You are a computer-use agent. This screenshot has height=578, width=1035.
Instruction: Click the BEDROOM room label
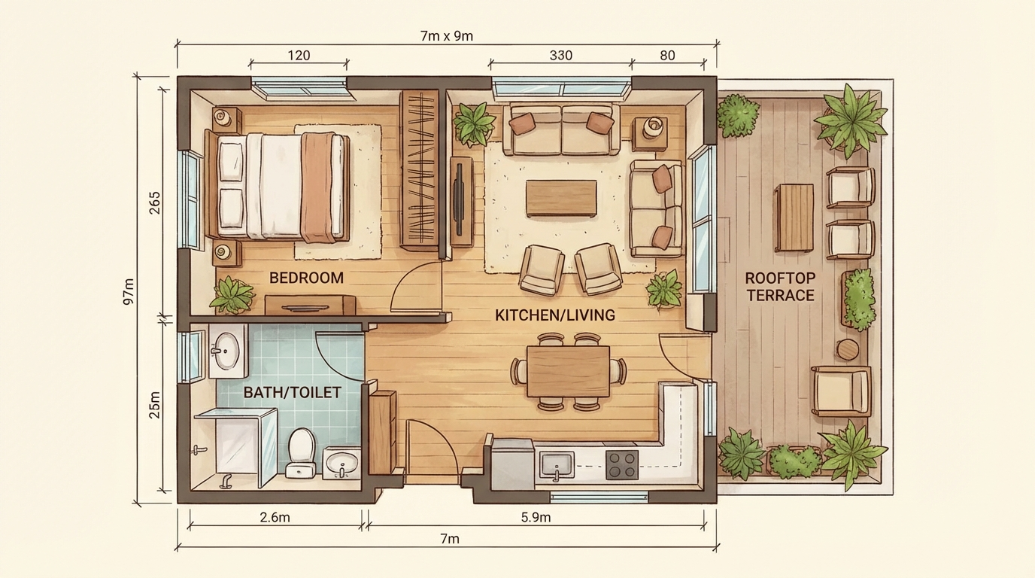pos(306,278)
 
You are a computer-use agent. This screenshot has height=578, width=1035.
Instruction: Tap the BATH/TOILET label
pos(292,393)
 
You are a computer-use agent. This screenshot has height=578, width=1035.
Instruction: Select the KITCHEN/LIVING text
pos(555,315)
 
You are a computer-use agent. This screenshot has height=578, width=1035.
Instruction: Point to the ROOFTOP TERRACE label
pos(781,287)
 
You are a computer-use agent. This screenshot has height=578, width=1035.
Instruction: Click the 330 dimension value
pos(561,56)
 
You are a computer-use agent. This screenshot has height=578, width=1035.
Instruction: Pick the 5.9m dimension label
pos(536,518)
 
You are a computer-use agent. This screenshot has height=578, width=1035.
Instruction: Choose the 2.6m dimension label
pos(275,518)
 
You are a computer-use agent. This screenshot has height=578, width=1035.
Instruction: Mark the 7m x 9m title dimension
pos(447,36)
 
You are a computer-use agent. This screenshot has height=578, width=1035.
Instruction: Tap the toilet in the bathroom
pos(301,452)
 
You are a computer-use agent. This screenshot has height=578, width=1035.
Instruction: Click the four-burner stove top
pos(622,464)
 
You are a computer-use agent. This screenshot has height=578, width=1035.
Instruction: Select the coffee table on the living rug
pos(561,199)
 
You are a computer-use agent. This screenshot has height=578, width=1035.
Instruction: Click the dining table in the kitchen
pos(569,372)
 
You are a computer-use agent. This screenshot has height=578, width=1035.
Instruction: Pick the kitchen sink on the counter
pos(557,464)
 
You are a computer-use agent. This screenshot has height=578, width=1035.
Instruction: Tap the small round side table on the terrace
pos(847,349)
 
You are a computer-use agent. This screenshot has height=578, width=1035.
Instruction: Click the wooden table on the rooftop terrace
pos(794,218)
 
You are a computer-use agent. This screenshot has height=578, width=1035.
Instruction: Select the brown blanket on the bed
pos(318,187)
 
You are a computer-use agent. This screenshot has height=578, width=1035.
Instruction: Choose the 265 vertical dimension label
pos(155,202)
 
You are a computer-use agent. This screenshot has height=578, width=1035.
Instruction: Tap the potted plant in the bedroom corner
pos(232,295)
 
